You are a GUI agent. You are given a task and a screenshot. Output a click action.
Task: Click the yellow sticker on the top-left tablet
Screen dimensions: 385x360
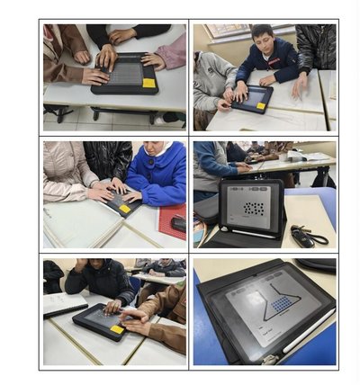(x=148, y=83)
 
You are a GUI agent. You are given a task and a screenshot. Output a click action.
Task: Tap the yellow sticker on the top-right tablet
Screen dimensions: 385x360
(x=262, y=106)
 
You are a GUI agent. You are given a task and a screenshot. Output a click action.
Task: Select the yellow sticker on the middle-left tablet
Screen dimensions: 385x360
(x=125, y=209)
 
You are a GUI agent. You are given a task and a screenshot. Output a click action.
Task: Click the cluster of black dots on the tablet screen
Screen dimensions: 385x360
(x=254, y=209)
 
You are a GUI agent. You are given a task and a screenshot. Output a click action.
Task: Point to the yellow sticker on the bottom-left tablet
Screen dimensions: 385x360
(x=117, y=329)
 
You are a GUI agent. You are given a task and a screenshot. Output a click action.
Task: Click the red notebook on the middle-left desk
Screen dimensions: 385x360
(x=171, y=221)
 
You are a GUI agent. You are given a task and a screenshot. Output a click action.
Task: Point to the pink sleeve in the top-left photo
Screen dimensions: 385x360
(x=171, y=54)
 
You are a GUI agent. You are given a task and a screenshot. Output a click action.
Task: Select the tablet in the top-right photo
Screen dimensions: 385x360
(x=252, y=98)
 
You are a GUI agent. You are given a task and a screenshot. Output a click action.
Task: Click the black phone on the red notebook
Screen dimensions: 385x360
(x=179, y=224)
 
